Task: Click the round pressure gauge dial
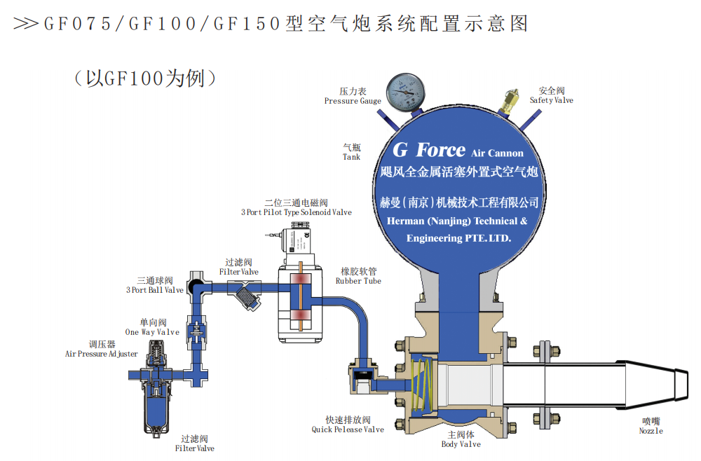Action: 405,90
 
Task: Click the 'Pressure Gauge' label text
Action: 353,101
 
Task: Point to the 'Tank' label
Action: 351,157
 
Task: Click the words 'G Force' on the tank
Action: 428,150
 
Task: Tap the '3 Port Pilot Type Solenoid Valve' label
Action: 297,212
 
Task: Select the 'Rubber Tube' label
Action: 358,280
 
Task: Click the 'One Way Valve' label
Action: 152,332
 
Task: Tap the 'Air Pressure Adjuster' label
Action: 102,354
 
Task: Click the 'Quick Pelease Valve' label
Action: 348,429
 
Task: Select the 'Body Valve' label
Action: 461,444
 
